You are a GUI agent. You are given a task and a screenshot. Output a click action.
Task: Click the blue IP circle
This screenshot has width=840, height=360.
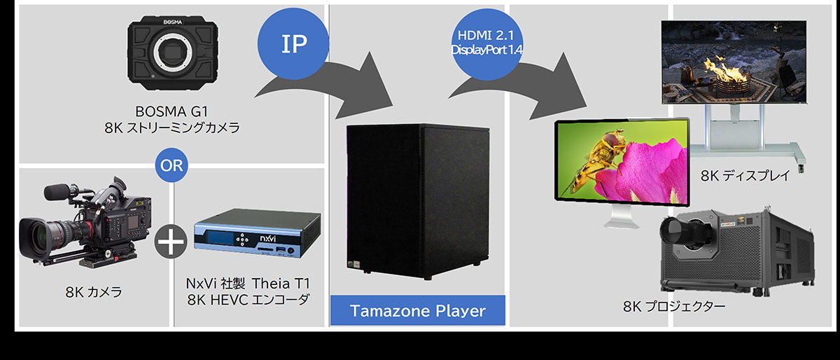click(294, 43)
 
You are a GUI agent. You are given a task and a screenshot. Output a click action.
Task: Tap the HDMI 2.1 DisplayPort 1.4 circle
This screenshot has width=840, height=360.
click(488, 43)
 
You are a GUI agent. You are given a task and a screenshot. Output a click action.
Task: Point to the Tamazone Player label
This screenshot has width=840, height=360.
click(417, 310)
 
